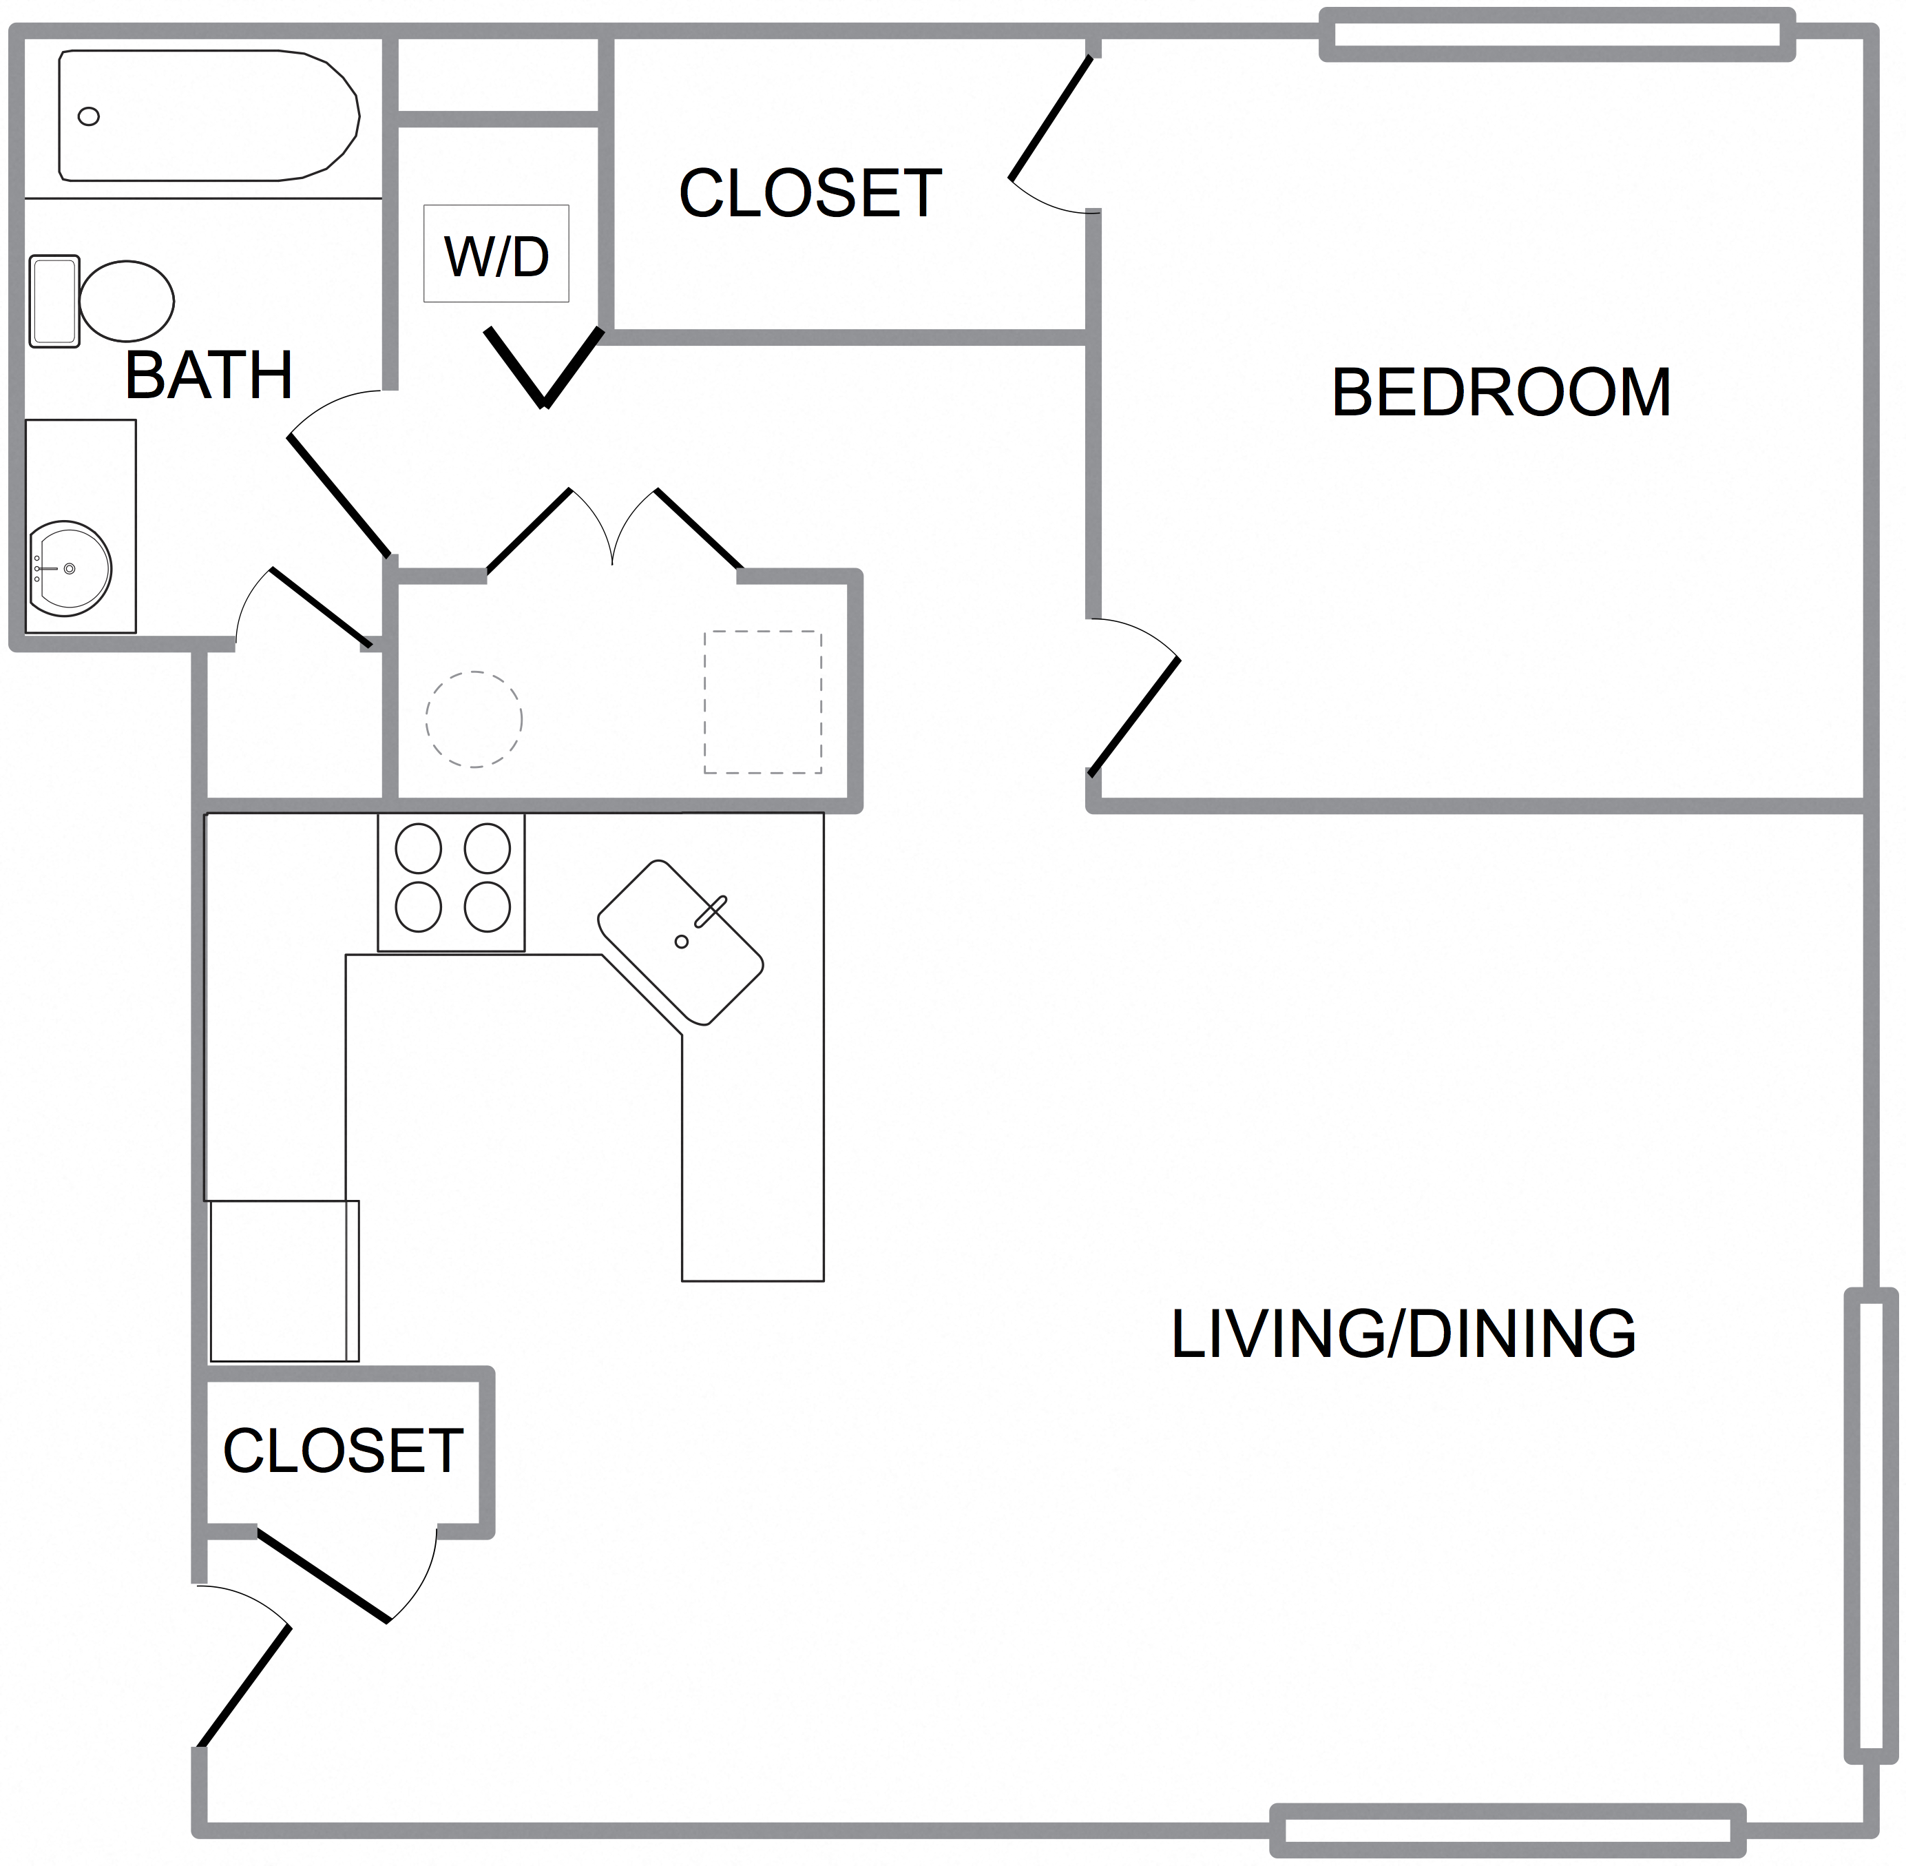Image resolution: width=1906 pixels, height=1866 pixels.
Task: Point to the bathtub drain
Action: (88, 116)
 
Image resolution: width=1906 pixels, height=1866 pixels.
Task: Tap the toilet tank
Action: (54, 301)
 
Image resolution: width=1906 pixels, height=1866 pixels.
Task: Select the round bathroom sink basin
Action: (70, 568)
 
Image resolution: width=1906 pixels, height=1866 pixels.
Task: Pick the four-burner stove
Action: (452, 882)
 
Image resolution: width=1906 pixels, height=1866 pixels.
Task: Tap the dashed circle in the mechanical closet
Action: (473, 719)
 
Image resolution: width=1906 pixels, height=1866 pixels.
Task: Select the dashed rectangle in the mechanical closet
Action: (762, 703)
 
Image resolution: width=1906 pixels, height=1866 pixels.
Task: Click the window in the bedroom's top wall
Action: (1557, 34)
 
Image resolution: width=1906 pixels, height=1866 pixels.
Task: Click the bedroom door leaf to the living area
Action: (1134, 717)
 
